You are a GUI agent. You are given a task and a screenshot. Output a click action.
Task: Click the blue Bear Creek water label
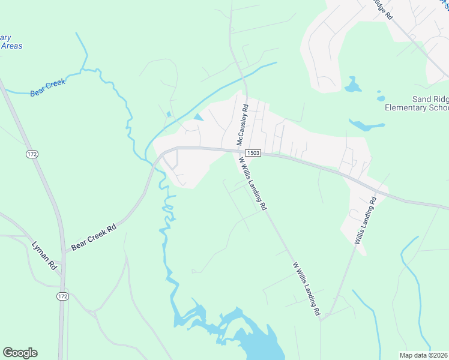pyautogui.click(x=47, y=87)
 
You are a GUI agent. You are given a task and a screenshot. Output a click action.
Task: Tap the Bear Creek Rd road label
pyautogui.click(x=93, y=238)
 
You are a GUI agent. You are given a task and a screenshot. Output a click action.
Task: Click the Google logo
pyautogui.click(x=20, y=352)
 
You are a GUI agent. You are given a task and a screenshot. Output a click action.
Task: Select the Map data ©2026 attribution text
pyautogui.click(x=424, y=355)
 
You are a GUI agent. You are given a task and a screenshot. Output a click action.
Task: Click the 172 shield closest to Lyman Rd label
pyautogui.click(x=62, y=296)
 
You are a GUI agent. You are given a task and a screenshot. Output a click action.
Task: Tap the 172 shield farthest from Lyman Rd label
pyautogui.click(x=32, y=155)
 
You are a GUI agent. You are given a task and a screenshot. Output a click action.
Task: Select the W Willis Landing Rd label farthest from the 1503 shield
pyautogui.click(x=306, y=289)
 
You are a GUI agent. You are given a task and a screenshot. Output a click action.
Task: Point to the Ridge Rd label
pyautogui.click(x=382, y=10)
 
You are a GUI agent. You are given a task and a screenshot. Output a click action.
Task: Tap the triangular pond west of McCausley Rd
pyautogui.click(x=198, y=117)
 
